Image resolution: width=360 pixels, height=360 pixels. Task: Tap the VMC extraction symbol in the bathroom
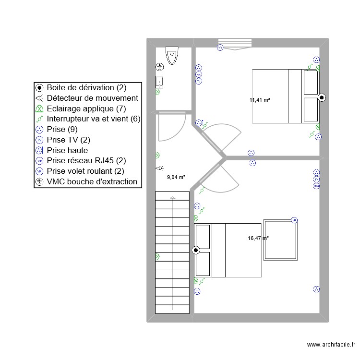pos(159,67)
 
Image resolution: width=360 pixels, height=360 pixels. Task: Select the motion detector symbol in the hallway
pos(159,168)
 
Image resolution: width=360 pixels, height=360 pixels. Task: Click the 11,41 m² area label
pos(259,100)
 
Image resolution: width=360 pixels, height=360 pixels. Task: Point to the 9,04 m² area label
pos(176,177)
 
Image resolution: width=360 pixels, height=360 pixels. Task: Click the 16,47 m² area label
pos(258,238)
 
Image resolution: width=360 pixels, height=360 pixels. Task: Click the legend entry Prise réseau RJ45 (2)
pos(86,161)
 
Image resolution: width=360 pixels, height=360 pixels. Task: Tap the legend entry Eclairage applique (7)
pos(86,108)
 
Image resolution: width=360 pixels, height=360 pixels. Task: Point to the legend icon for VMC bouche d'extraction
pos(40,182)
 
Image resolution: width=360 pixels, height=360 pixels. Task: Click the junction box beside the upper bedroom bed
pos(322,97)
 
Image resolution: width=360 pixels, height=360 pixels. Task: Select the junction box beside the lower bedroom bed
pos(195,250)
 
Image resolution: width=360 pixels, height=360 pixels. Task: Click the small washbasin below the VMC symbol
pos(159,82)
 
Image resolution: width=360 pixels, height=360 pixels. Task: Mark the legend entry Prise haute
pos(67,150)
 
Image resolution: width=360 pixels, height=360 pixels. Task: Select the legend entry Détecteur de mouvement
pos(92,98)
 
